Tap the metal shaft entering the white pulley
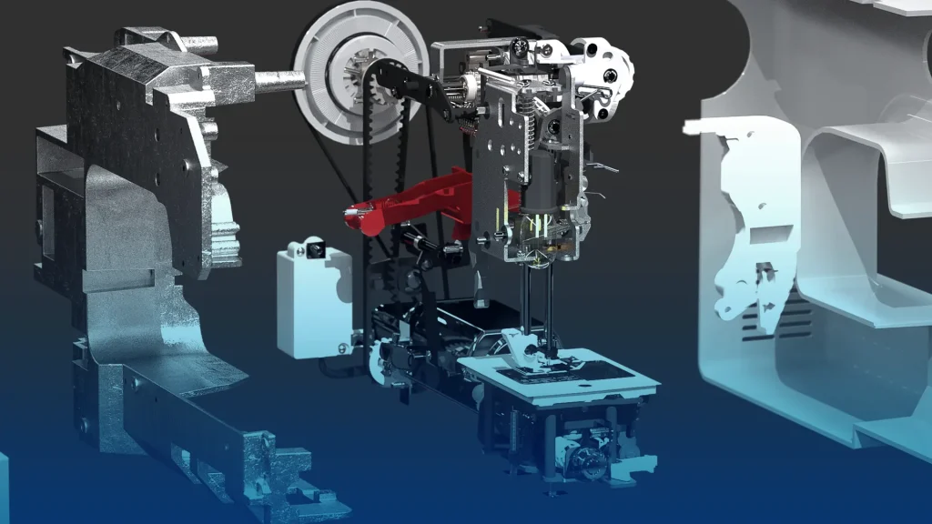(x=278, y=79)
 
